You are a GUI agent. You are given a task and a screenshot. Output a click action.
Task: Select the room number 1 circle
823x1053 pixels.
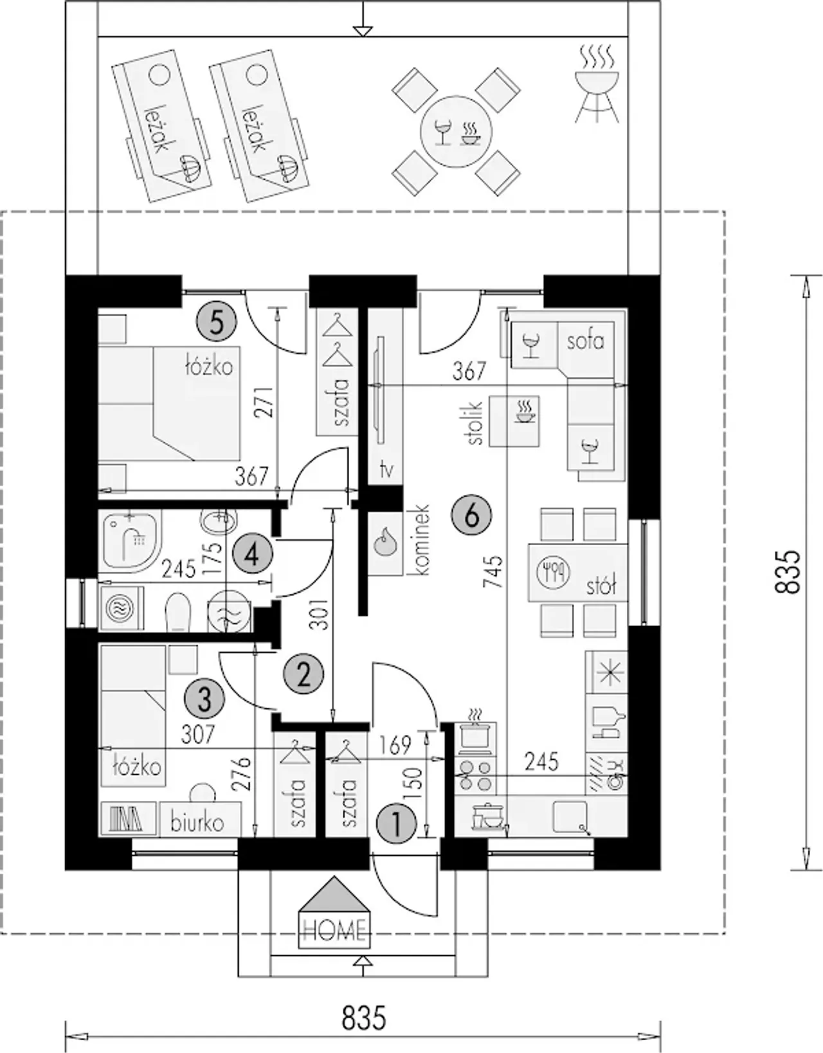coord(397,823)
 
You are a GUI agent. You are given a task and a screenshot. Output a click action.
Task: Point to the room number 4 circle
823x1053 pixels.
coord(252,555)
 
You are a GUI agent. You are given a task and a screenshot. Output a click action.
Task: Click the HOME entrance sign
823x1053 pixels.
coord(334,906)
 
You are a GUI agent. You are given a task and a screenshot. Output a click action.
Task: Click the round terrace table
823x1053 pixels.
coord(456,132)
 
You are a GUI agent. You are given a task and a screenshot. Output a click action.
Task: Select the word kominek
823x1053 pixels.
coord(421,540)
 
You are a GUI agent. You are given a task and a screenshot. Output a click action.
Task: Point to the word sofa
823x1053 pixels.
coord(586,341)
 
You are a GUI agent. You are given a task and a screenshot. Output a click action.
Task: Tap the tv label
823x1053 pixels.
coord(386,469)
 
